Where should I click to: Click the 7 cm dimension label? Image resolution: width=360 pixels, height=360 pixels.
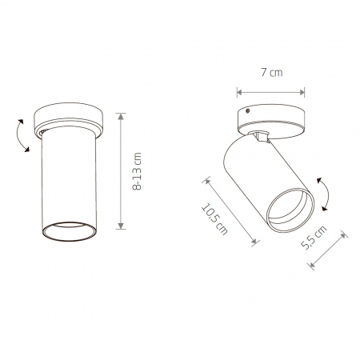coord(271,73)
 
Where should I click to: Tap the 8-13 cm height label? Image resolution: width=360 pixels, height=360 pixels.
coord(137,171)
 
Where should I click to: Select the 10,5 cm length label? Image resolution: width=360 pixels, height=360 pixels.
coord(214,219)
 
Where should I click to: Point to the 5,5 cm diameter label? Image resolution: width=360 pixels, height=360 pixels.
coord(314,238)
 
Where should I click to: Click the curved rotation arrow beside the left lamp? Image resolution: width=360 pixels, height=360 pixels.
coord(18,136)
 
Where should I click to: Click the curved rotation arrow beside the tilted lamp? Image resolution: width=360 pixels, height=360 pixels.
coord(327,194)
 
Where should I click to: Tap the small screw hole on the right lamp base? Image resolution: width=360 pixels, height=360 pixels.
coord(248,110)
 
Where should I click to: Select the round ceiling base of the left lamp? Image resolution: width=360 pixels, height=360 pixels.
coord(69,120)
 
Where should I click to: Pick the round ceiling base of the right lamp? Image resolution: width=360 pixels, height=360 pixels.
coord(270,122)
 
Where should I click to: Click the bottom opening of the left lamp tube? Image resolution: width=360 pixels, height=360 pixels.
coord(70,231)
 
